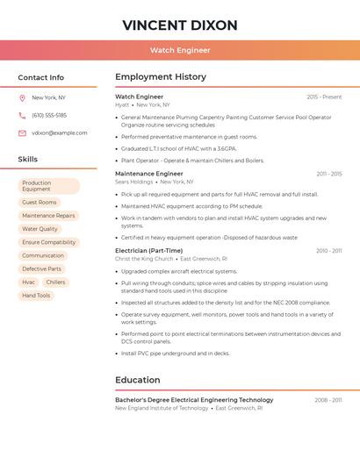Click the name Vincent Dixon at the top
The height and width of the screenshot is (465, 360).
(x=180, y=25)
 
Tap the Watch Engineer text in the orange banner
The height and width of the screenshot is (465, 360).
(x=180, y=50)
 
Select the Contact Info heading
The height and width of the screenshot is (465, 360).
(x=41, y=77)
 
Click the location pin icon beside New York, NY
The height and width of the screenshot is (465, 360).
(x=22, y=98)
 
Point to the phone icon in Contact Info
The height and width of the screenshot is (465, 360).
(x=22, y=116)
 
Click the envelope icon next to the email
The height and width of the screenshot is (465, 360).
(x=22, y=133)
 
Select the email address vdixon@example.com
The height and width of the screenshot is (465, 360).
(x=60, y=133)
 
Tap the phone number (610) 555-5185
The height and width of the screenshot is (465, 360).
(x=49, y=116)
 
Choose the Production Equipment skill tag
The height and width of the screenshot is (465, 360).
(x=48, y=186)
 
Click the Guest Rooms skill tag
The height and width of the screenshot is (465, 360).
(x=40, y=203)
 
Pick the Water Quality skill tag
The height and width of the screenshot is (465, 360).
(x=40, y=229)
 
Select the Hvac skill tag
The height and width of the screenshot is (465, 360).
(x=29, y=283)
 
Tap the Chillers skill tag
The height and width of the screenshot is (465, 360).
(x=55, y=283)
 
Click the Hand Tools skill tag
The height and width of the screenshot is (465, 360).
(x=37, y=296)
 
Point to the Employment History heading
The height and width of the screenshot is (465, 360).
(x=161, y=77)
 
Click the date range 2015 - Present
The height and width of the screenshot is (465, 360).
(x=324, y=97)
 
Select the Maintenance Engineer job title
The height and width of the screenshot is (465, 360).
(x=148, y=174)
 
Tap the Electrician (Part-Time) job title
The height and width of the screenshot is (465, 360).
(x=149, y=251)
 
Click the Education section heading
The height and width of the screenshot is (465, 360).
(x=137, y=380)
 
